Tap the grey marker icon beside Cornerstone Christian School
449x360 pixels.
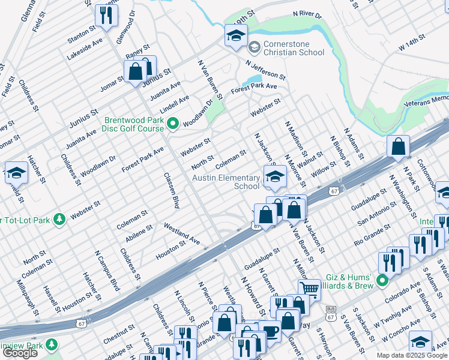pyautogui.click(x=254, y=46)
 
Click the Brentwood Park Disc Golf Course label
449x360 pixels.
pyautogui.click(x=134, y=124)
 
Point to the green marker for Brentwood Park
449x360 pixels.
pyautogui.click(x=173, y=124)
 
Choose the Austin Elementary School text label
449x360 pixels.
pyautogui.click(x=226, y=181)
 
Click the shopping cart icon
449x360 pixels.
pyautogui.click(x=309, y=290)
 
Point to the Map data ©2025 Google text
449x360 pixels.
pyautogui.click(x=411, y=355)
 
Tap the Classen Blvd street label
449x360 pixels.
pyautogui.click(x=172, y=191)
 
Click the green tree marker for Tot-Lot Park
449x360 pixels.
pyautogui.click(x=59, y=219)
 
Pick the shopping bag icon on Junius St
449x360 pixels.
pyautogui.click(x=137, y=71)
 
